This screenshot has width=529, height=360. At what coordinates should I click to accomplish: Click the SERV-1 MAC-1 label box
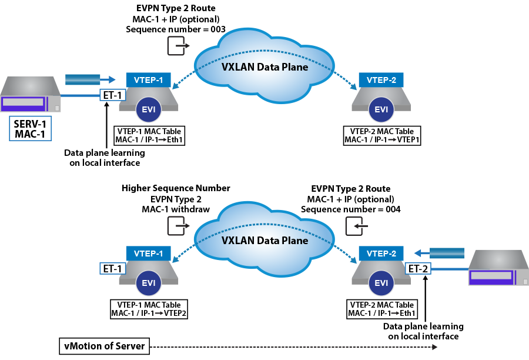pyautogui.click(x=30, y=128)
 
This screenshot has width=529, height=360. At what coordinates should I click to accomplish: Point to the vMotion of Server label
pyautogui.click(x=104, y=346)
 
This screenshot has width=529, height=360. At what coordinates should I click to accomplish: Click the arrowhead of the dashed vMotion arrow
pyautogui.click(x=434, y=346)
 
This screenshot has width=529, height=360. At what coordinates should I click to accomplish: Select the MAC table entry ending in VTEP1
pyautogui.click(x=381, y=140)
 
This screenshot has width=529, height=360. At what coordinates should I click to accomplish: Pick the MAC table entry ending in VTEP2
pyautogui.click(x=149, y=314)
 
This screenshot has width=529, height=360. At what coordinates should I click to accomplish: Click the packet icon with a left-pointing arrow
pyautogui.click(x=357, y=225)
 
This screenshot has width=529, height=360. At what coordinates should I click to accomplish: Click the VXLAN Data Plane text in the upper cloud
pyautogui.click(x=264, y=67)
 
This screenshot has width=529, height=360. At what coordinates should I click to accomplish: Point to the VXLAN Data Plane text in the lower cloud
pyautogui.click(x=264, y=241)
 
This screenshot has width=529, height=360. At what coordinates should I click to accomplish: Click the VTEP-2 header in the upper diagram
pyautogui.click(x=381, y=80)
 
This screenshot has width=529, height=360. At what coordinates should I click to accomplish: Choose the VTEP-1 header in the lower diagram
pyautogui.click(x=148, y=254)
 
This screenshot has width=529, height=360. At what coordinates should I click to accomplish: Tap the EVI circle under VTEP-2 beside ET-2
pyautogui.click(x=381, y=283)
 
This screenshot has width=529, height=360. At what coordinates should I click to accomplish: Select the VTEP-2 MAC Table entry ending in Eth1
pyautogui.click(x=381, y=314)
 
